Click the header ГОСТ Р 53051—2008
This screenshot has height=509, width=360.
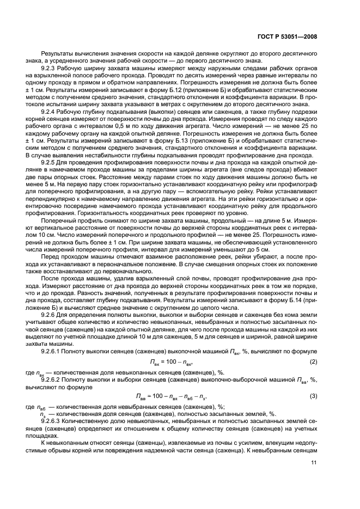click(292, 38)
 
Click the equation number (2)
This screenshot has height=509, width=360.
click(314, 363)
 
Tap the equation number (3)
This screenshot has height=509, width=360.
click(314, 397)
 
